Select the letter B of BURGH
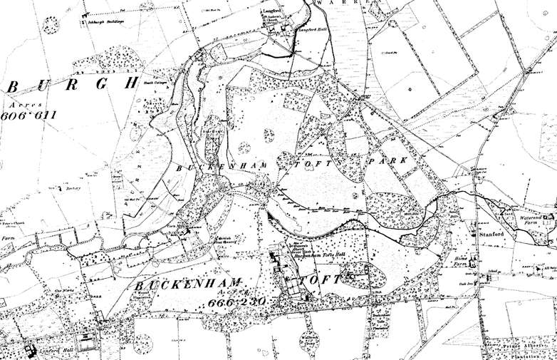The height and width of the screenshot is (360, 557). (12, 86)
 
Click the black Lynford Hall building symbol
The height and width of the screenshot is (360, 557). (31, 351)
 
